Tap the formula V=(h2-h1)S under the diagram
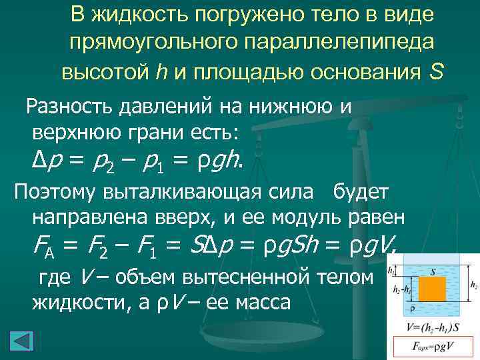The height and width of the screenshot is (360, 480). pos(433,327)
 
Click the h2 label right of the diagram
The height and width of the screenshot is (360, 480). pos(473,285)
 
